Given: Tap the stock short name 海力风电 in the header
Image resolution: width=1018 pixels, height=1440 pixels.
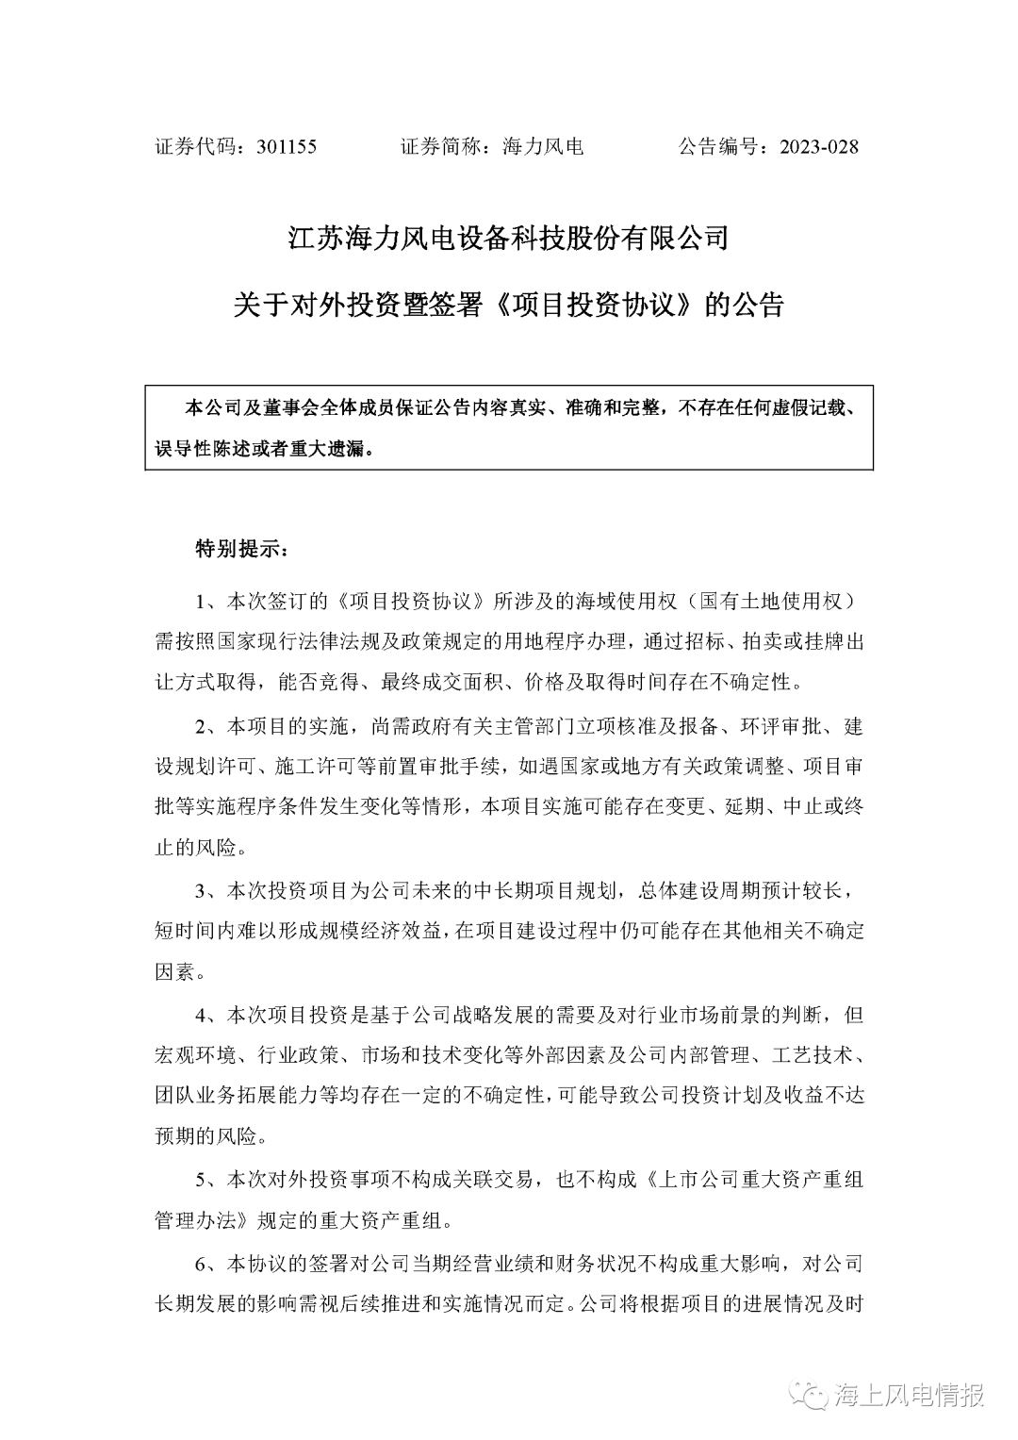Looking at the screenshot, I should [x=544, y=147].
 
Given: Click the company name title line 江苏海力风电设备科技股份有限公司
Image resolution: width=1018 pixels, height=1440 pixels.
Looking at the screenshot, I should [x=509, y=238].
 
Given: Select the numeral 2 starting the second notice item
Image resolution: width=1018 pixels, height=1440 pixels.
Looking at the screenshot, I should [x=199, y=728].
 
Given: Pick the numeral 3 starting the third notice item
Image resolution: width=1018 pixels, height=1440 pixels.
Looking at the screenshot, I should [x=199, y=890].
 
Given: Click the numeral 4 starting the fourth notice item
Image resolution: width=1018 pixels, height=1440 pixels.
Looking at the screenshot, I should [x=199, y=1016].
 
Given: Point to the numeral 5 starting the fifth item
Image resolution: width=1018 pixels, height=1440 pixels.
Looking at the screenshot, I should [x=199, y=1179].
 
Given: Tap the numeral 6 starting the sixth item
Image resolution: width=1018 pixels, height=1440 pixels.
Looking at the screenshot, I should [x=199, y=1263].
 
